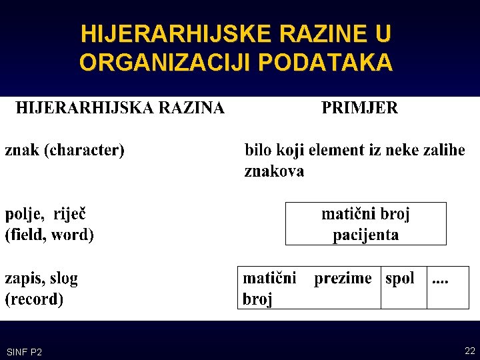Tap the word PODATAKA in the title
(325, 62)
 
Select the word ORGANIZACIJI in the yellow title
(167, 62)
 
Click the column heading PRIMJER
(360, 108)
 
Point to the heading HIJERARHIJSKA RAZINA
(120, 108)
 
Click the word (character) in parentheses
(84, 151)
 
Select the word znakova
(274, 171)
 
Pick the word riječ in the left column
(69, 214)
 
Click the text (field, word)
(49, 235)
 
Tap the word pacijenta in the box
(366, 235)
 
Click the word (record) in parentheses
(34, 299)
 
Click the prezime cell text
(343, 279)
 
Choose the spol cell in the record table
(404, 287)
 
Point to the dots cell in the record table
(448, 287)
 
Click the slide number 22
(469, 351)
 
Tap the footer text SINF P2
(24, 352)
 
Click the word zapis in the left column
(25, 279)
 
